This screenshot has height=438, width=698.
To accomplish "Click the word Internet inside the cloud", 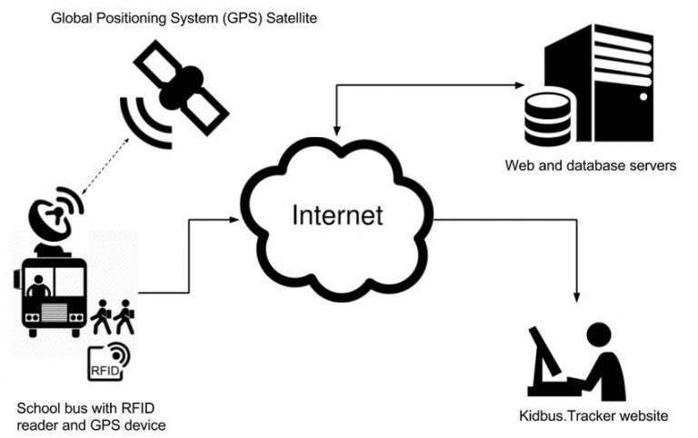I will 336,214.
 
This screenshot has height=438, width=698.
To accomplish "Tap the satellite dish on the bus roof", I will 54,216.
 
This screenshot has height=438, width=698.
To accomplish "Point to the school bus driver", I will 38,289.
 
